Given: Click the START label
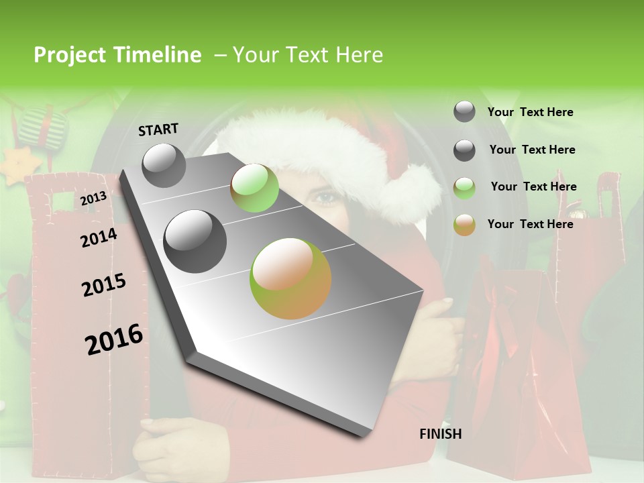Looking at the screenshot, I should pyautogui.click(x=158, y=129).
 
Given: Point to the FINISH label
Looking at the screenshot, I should pyautogui.click(x=441, y=434).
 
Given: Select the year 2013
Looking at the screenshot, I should pyautogui.click(x=93, y=199).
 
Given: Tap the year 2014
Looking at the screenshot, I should pyautogui.click(x=99, y=238).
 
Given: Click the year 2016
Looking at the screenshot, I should pyautogui.click(x=114, y=339).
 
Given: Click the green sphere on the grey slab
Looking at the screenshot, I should pyautogui.click(x=254, y=188).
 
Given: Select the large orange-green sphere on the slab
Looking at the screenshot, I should pyautogui.click(x=290, y=278).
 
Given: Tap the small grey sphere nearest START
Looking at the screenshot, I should pyautogui.click(x=164, y=165).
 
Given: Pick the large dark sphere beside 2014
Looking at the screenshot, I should pyautogui.click(x=195, y=241).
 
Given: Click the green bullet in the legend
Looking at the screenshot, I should pyautogui.click(x=464, y=188).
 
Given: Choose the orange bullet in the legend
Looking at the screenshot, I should pyautogui.click(x=464, y=225).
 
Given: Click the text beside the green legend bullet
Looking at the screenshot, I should pyautogui.click(x=533, y=186).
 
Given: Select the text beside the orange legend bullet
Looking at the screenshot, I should pyautogui.click(x=530, y=224).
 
